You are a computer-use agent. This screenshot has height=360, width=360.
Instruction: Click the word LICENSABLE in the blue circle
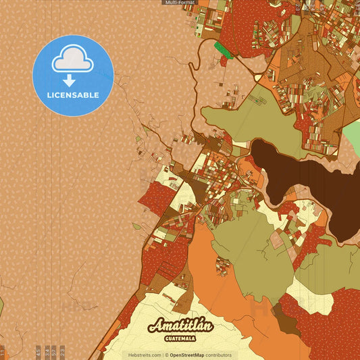(73, 95)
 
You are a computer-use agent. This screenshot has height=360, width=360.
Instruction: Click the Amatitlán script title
(180, 326)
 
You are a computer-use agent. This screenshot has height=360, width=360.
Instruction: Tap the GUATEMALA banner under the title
(180, 338)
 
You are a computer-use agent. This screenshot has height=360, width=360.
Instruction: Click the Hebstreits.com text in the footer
(144, 355)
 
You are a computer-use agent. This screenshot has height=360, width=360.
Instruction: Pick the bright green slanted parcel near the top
(222, 49)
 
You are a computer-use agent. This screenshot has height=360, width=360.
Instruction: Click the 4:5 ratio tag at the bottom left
(38, 351)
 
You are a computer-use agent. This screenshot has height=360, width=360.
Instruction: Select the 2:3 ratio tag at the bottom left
(63, 351)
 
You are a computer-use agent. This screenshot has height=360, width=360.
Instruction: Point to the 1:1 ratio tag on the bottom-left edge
(2, 351)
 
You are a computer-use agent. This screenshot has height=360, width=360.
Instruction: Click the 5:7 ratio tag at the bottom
(55, 351)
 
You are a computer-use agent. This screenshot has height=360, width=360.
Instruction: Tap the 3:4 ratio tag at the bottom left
(47, 351)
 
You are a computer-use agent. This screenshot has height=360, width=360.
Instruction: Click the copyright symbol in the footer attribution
(166, 355)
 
